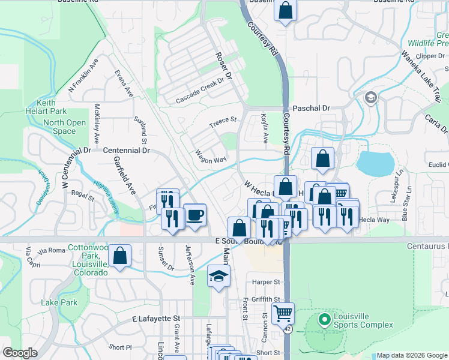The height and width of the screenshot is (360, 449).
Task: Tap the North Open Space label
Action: pos(64,127)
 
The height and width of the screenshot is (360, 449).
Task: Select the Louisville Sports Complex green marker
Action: pos(325,319)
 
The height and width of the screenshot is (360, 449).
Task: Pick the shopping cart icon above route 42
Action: pos(283,313)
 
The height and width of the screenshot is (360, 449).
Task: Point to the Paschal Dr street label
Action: pos(312,108)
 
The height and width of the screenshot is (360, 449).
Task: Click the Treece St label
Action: pos(223,122)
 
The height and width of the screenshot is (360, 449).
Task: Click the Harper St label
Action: pos(267,281)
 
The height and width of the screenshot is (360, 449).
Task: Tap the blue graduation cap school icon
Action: pos(218,277)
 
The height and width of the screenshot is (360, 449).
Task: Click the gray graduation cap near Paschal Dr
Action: pos(370,97)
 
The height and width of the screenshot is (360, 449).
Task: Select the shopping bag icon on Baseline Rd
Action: pos(286,10)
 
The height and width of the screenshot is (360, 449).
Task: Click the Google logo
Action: pos(20,353)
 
